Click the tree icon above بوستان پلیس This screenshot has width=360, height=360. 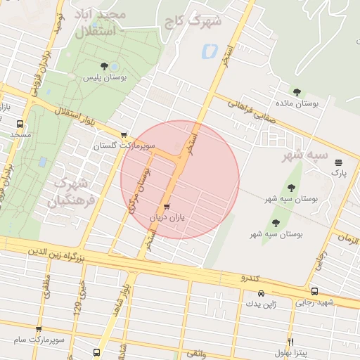(104, 66)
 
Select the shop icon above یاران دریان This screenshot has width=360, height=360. (167, 207)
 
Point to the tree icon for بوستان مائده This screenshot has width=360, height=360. (297, 91)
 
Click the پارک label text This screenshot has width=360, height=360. (340, 172)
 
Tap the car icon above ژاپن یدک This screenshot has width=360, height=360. (261, 293)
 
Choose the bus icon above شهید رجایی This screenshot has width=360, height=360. (314, 291)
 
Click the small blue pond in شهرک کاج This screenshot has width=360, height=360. (210, 51)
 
